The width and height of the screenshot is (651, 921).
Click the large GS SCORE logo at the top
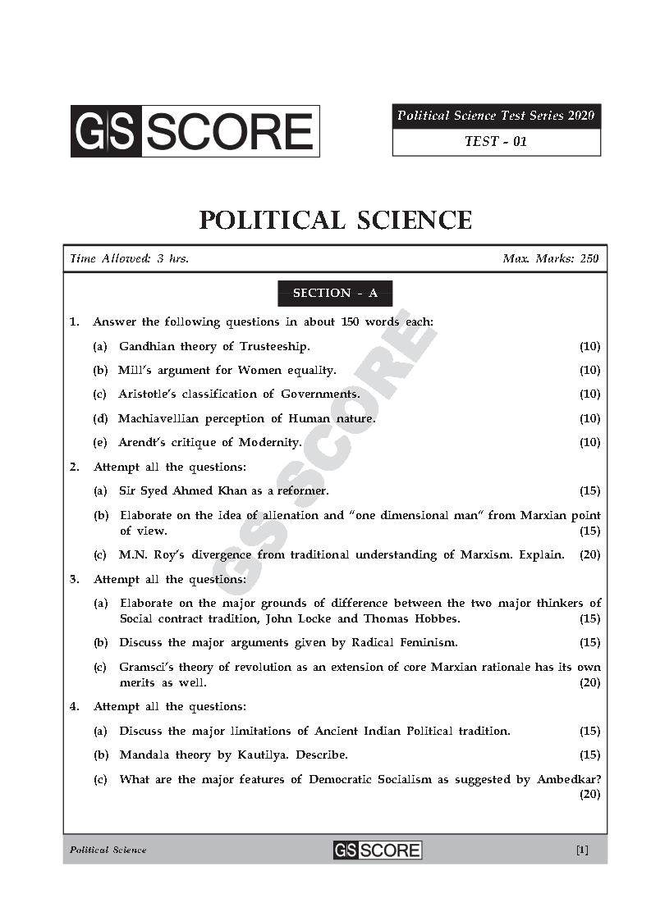pyautogui.click(x=195, y=131)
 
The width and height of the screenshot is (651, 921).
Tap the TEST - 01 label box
pyautogui.click(x=496, y=141)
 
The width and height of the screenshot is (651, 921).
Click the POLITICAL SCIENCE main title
pyautogui.click(x=336, y=220)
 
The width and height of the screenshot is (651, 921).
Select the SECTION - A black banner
pyautogui.click(x=335, y=293)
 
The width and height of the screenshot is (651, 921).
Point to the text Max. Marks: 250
pyautogui.click(x=550, y=259)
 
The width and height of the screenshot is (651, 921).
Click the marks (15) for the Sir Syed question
pyautogui.click(x=589, y=490)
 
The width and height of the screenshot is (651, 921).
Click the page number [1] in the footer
pyautogui.click(x=582, y=850)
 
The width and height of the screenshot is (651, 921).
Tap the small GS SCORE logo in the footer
pyautogui.click(x=377, y=850)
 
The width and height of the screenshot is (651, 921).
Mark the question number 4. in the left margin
pyautogui.click(x=74, y=706)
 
